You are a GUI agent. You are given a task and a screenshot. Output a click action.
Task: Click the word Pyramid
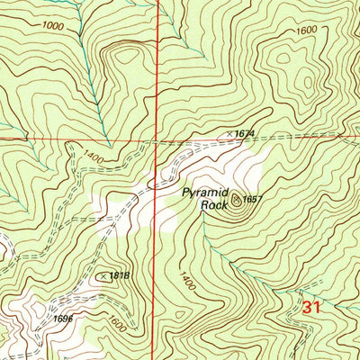[205, 192]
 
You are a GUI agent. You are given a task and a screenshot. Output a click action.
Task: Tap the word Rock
[214, 204]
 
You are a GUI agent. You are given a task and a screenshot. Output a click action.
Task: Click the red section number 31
[310, 308]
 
